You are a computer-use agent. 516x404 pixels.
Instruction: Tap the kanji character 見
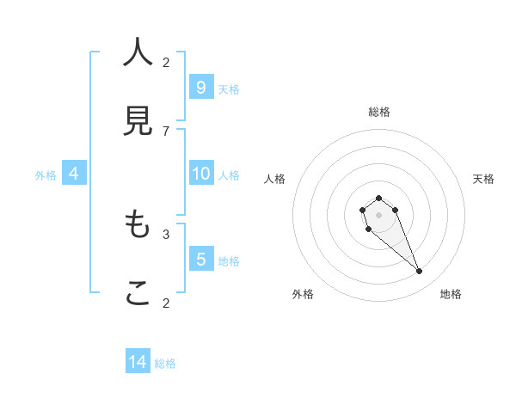(x=138, y=121)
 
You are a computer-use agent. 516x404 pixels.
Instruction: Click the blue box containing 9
(x=200, y=87)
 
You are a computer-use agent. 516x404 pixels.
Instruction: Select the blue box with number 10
(x=200, y=174)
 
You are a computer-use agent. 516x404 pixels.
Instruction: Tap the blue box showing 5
(x=200, y=259)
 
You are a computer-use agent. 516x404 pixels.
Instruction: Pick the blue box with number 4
(x=74, y=174)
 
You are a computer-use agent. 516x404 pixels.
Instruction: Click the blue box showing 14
(x=138, y=362)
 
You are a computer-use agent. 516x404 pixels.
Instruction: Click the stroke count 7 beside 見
(x=166, y=131)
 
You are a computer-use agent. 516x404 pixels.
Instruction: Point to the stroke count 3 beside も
(x=166, y=233)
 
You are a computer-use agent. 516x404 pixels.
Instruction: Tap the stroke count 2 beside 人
(x=166, y=62)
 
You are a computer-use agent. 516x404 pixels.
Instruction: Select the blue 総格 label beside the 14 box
(x=165, y=364)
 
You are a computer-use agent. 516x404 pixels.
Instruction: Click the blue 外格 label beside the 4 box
(x=46, y=175)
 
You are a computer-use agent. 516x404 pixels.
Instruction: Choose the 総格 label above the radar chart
(x=379, y=112)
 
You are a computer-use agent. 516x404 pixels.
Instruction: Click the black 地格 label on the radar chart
(x=451, y=294)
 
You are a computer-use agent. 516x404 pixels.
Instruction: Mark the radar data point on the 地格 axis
(x=420, y=272)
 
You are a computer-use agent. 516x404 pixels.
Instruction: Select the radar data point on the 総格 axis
(x=378, y=199)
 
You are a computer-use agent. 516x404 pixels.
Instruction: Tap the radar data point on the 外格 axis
(x=368, y=230)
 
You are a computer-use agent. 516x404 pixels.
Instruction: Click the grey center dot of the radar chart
(x=378, y=215)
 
